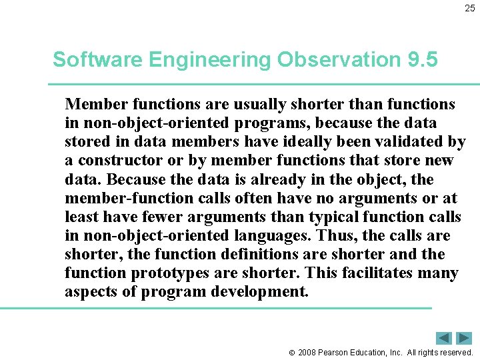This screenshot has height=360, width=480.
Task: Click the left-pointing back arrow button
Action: [444, 338]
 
